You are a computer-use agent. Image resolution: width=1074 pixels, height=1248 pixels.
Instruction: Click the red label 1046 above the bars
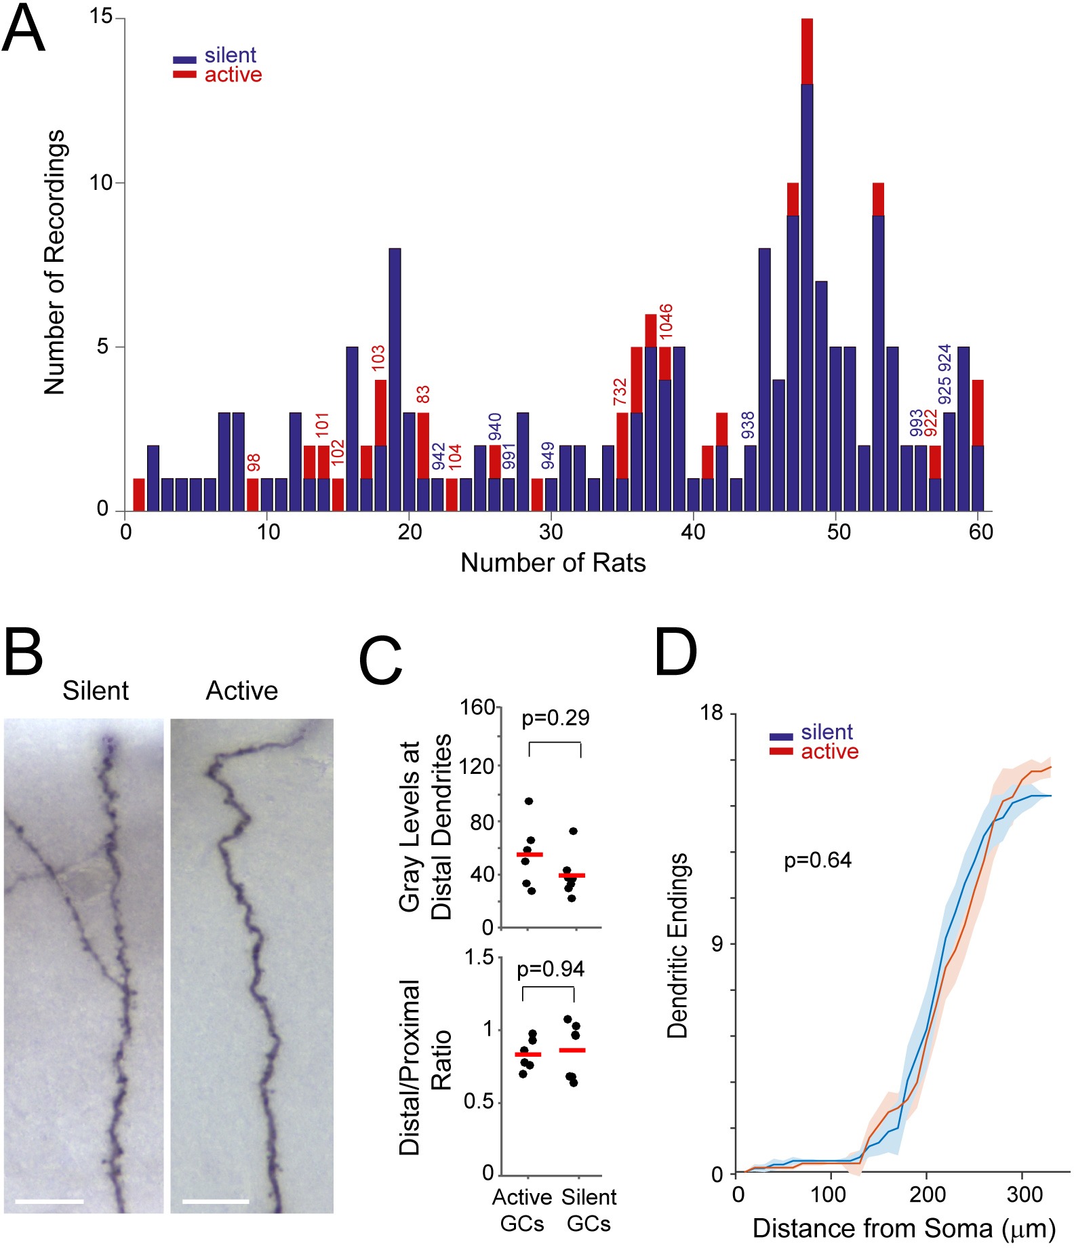point(665,321)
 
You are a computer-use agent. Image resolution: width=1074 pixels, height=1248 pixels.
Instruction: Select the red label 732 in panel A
point(620,392)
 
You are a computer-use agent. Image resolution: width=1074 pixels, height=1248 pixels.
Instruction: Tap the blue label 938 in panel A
point(747,425)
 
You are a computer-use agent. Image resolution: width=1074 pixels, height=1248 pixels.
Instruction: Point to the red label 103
point(378,358)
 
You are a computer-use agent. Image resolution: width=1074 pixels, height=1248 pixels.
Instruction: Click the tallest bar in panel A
point(807,265)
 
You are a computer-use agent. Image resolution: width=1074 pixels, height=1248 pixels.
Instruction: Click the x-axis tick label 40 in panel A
point(693,532)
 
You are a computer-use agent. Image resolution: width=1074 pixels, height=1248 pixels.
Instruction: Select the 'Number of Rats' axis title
point(553,562)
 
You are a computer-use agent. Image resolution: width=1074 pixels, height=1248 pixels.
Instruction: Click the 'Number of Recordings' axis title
point(54,262)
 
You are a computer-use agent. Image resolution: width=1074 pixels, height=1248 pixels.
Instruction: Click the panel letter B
point(24,652)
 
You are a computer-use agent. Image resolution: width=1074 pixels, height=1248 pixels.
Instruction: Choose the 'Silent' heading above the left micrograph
point(96,690)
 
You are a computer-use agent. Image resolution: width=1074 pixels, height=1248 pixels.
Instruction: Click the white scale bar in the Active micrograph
point(216,1202)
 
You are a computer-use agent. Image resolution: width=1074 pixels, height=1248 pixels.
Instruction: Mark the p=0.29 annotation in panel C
point(555,718)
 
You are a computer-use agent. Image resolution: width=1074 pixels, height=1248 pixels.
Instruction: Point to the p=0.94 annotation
point(551,969)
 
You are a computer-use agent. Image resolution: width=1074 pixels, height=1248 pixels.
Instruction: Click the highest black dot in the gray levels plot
point(529,802)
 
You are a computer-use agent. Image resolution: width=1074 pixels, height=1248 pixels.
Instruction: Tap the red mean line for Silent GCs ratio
point(572,1050)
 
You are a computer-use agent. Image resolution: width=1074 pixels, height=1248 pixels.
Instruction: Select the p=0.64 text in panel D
point(818,860)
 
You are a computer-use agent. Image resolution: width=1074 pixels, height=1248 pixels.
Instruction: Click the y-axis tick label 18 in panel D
point(712,712)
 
